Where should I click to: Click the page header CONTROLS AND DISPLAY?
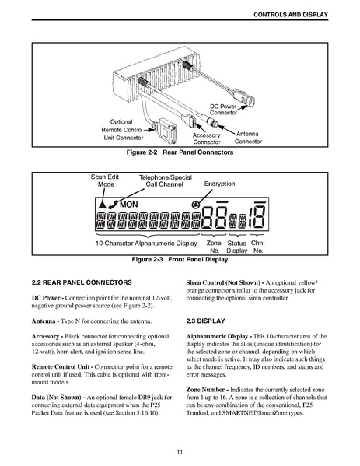[x=291, y=15]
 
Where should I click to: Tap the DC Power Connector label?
[x=223, y=110]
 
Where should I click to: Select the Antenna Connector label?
[x=248, y=138]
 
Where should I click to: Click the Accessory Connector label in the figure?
[x=207, y=138]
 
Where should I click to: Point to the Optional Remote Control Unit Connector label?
[x=122, y=130]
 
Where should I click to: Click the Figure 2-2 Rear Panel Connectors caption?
[x=180, y=152]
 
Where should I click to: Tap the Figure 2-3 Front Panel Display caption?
[x=180, y=259]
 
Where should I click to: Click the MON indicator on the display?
[x=129, y=205]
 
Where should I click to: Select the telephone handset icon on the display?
[x=113, y=205]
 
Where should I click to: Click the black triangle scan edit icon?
[x=102, y=205]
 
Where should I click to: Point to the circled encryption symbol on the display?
[x=195, y=205]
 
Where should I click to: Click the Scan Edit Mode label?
[x=105, y=180]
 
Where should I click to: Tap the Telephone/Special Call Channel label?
[x=166, y=180]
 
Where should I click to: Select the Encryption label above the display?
[x=219, y=184]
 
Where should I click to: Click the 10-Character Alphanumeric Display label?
[x=146, y=244]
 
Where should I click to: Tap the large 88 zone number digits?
[x=215, y=218]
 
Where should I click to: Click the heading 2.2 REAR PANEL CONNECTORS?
[x=82, y=282]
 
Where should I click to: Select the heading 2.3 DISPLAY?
[x=205, y=321]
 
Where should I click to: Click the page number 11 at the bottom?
[x=180, y=452]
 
